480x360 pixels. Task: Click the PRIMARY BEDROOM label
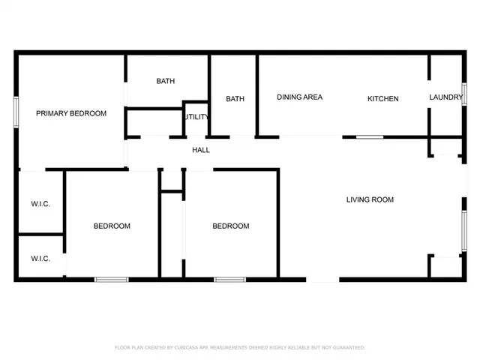pyautogui.click(x=71, y=113)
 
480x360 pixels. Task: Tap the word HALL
pyautogui.click(x=201, y=150)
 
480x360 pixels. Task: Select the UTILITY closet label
pyautogui.click(x=196, y=117)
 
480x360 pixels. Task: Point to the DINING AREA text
pyautogui.click(x=299, y=97)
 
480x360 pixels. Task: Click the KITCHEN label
pyautogui.click(x=382, y=99)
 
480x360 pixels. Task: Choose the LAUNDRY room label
pyautogui.click(x=445, y=97)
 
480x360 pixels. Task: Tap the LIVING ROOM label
pyautogui.click(x=370, y=199)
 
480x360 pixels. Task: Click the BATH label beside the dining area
pyautogui.click(x=235, y=99)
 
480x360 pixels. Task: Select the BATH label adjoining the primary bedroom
pyautogui.click(x=166, y=82)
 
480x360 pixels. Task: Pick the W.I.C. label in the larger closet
pyautogui.click(x=40, y=204)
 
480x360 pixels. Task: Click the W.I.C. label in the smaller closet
pyautogui.click(x=40, y=259)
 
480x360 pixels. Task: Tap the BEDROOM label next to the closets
pyautogui.click(x=112, y=226)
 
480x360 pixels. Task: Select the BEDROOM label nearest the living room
pyautogui.click(x=230, y=226)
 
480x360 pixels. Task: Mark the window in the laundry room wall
pyautogui.click(x=464, y=98)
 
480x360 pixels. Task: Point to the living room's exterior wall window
pyautogui.click(x=464, y=229)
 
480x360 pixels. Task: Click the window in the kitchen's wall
pyautogui.click(x=370, y=137)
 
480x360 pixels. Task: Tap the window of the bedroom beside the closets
pyautogui.click(x=111, y=280)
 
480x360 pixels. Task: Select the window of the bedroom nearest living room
pyautogui.click(x=229, y=280)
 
